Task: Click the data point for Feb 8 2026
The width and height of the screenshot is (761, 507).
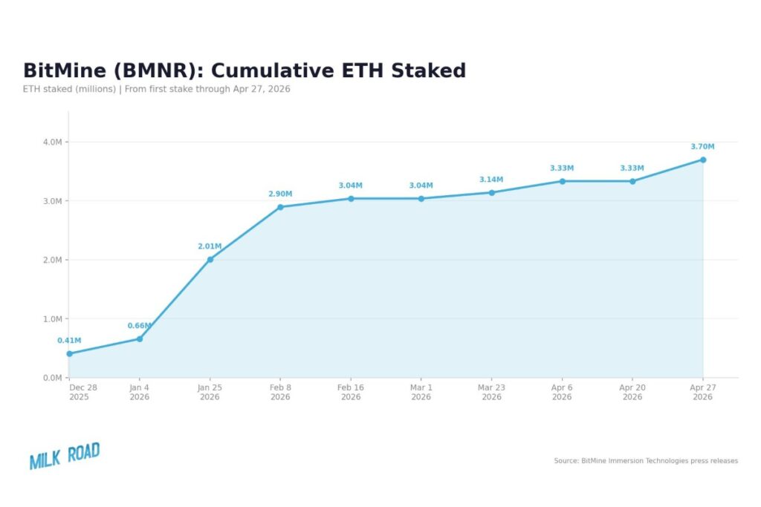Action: click(x=280, y=207)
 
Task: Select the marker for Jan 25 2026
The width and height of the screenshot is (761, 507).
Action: click(x=210, y=260)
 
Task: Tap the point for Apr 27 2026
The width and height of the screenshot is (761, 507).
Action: click(x=702, y=160)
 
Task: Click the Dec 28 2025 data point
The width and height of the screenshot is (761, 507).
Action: click(x=69, y=353)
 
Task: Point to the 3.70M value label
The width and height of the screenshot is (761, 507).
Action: click(x=702, y=147)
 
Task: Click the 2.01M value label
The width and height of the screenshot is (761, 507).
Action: click(x=210, y=246)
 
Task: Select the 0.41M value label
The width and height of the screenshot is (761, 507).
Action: click(x=69, y=341)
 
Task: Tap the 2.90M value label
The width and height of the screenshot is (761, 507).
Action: click(x=280, y=194)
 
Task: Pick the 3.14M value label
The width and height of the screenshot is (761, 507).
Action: click(x=491, y=180)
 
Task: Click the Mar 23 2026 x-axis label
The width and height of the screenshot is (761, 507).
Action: click(x=491, y=392)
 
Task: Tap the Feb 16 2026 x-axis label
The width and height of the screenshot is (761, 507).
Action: click(x=351, y=392)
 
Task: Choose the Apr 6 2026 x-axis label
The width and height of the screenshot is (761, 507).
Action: click(x=562, y=392)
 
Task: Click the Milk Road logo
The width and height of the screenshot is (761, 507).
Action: click(x=65, y=456)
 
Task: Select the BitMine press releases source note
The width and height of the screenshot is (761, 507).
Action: click(x=646, y=461)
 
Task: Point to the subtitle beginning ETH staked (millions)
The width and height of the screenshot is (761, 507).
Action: click(x=156, y=89)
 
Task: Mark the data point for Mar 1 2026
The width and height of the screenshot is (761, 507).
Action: click(x=421, y=199)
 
